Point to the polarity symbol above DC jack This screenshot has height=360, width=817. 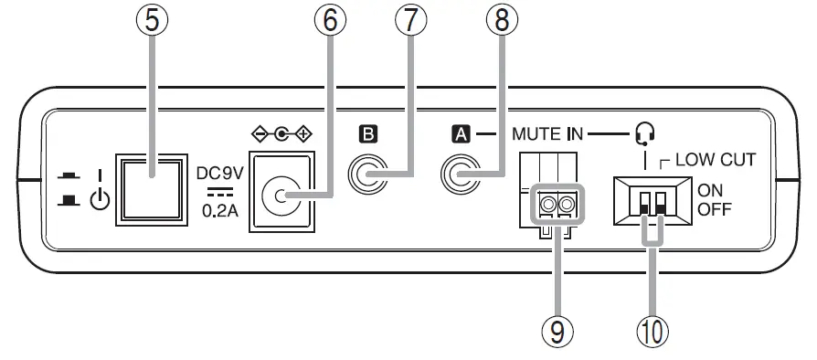281,134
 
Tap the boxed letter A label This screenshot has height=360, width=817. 460,134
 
